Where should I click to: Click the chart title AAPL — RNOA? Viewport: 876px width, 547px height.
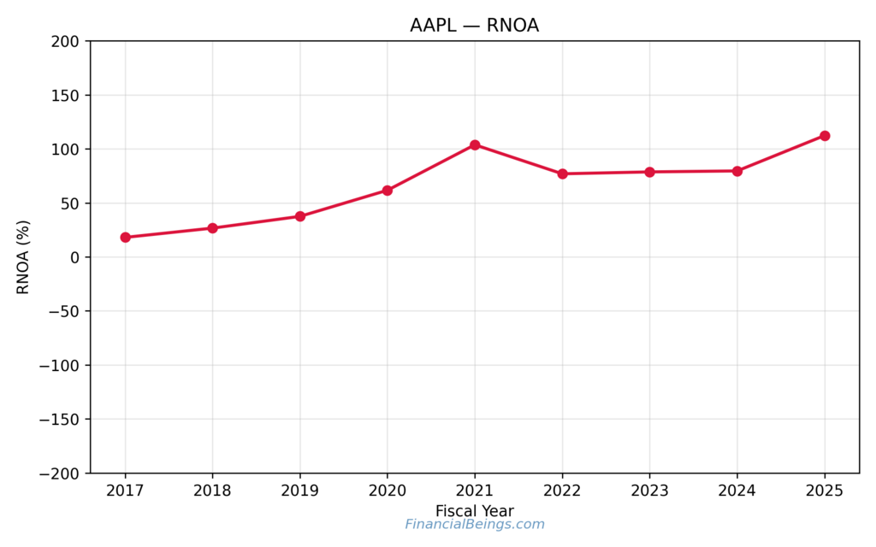(474, 26)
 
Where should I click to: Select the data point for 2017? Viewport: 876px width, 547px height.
(126, 238)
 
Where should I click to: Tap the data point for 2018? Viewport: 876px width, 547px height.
(213, 228)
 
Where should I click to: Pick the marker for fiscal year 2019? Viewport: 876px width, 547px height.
(300, 216)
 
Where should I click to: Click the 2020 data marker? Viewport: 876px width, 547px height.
(388, 191)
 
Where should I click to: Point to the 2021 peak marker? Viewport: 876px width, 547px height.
(475, 145)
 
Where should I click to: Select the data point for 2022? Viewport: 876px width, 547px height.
(562, 174)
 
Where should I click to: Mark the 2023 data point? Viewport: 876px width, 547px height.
(649, 172)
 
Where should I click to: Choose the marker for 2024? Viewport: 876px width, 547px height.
(737, 171)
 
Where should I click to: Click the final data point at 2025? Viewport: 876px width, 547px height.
(825, 136)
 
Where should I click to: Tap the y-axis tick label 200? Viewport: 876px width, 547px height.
(66, 41)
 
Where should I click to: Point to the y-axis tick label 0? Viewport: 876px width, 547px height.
(74, 257)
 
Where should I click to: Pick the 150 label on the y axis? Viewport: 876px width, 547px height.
(66, 96)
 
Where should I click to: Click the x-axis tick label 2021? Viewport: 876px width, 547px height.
(475, 491)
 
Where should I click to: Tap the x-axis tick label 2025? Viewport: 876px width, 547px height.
(825, 491)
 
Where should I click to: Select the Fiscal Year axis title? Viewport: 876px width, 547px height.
(475, 511)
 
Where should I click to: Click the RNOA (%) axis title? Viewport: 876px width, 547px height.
(24, 257)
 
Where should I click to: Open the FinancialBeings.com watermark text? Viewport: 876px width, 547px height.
(475, 525)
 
